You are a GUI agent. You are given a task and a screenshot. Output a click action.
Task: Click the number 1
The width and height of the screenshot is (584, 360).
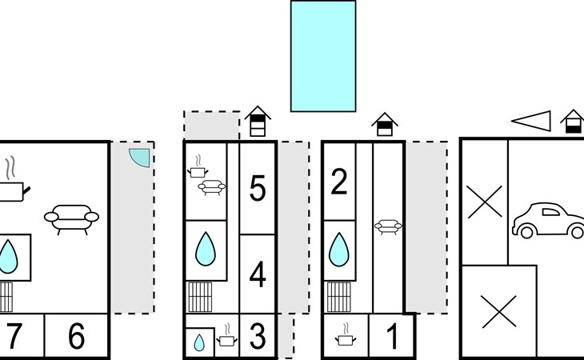pos(392,337)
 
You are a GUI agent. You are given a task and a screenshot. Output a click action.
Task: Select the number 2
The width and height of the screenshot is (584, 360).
pos(339,183)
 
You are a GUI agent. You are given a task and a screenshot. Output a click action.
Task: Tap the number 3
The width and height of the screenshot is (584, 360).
pos(257,337)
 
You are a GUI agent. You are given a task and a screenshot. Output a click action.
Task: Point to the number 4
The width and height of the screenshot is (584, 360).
pos(257,274)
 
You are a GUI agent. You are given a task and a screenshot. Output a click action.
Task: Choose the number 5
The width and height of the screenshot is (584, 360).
pos(257,189)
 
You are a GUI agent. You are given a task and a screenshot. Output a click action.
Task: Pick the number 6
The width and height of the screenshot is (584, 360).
pos(76,337)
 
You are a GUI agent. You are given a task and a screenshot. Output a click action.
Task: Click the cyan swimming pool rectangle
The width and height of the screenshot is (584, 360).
pos(322,56)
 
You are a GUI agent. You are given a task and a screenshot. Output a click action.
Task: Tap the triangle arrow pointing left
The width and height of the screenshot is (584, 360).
pos(532,121)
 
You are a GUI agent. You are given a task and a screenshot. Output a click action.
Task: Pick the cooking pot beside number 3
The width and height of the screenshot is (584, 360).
pos(227,338)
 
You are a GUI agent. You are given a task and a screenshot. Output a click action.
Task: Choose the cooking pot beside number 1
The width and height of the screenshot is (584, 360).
pos(346,337)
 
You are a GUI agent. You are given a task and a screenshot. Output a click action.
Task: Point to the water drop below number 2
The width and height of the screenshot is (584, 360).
pos(339,249)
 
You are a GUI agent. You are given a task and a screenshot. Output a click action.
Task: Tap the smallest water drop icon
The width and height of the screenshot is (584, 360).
pos(199,342)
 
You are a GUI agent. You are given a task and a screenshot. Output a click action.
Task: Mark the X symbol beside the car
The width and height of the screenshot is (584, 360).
pos(485,201)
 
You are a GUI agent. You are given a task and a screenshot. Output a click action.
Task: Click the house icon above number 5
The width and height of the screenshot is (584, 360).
pos(258,121)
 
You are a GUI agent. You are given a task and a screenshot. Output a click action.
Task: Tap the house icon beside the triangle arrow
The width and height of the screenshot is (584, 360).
pos(572,121)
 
